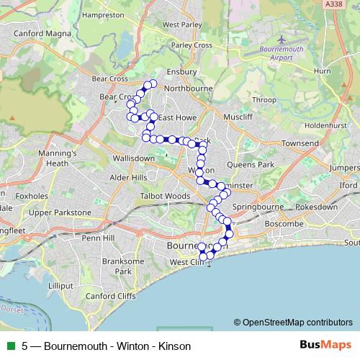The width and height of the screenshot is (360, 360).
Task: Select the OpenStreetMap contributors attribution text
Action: pyautogui.click(x=293, y=323)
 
